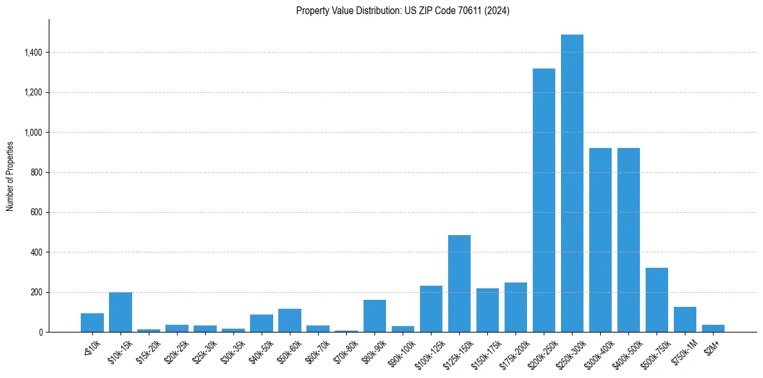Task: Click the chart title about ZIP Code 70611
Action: pyautogui.click(x=403, y=11)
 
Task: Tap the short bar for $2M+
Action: pyautogui.click(x=713, y=329)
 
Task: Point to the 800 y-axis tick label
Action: pyautogui.click(x=36, y=172)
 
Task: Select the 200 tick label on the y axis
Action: pyautogui.click(x=36, y=292)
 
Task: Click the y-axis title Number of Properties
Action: pyautogui.click(x=10, y=176)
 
